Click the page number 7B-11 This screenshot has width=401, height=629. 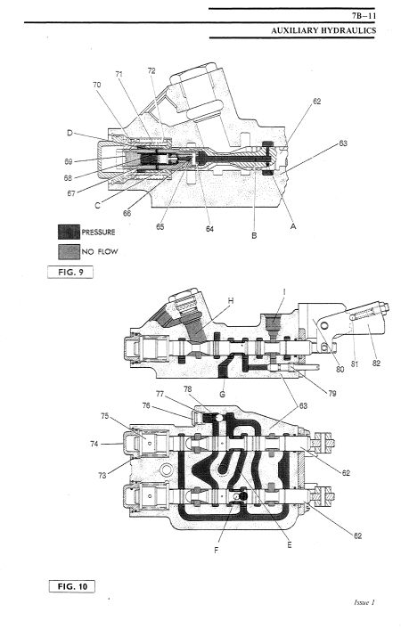(364, 16)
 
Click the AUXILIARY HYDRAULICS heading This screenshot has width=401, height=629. (323, 30)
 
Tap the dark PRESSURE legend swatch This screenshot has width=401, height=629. (69, 232)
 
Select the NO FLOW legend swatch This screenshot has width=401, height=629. (69, 252)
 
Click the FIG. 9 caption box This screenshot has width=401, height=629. (70, 272)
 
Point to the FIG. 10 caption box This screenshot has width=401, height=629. (72, 586)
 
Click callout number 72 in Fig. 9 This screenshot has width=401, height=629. (151, 71)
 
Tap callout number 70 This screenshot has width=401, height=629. (97, 85)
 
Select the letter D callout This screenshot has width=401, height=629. (70, 133)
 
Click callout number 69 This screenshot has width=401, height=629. (69, 161)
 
